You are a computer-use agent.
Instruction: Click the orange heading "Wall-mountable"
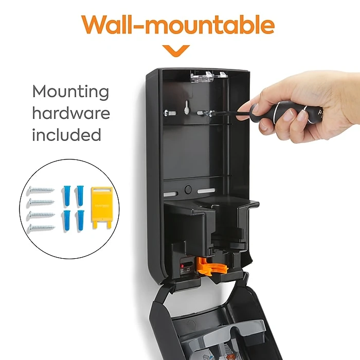[x=178, y=25]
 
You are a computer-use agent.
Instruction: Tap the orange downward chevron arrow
[x=176, y=51]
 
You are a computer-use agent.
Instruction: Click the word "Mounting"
[x=70, y=92]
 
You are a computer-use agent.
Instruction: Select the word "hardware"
[x=71, y=113]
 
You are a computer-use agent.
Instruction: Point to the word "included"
[x=66, y=134]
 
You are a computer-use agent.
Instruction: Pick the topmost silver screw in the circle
[x=42, y=190]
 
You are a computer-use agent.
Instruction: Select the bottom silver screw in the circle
[x=42, y=228]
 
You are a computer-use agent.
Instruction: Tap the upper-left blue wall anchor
[x=66, y=195]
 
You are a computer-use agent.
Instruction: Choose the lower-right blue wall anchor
[x=80, y=220]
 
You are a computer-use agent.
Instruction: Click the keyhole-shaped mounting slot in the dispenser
[x=187, y=107]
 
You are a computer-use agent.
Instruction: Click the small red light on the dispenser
[x=182, y=266]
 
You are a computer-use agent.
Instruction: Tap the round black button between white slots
[x=188, y=190]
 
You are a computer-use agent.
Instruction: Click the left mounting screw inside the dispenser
[x=170, y=113]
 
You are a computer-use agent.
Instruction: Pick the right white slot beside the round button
[x=206, y=191]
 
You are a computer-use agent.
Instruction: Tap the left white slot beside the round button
[x=171, y=194]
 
